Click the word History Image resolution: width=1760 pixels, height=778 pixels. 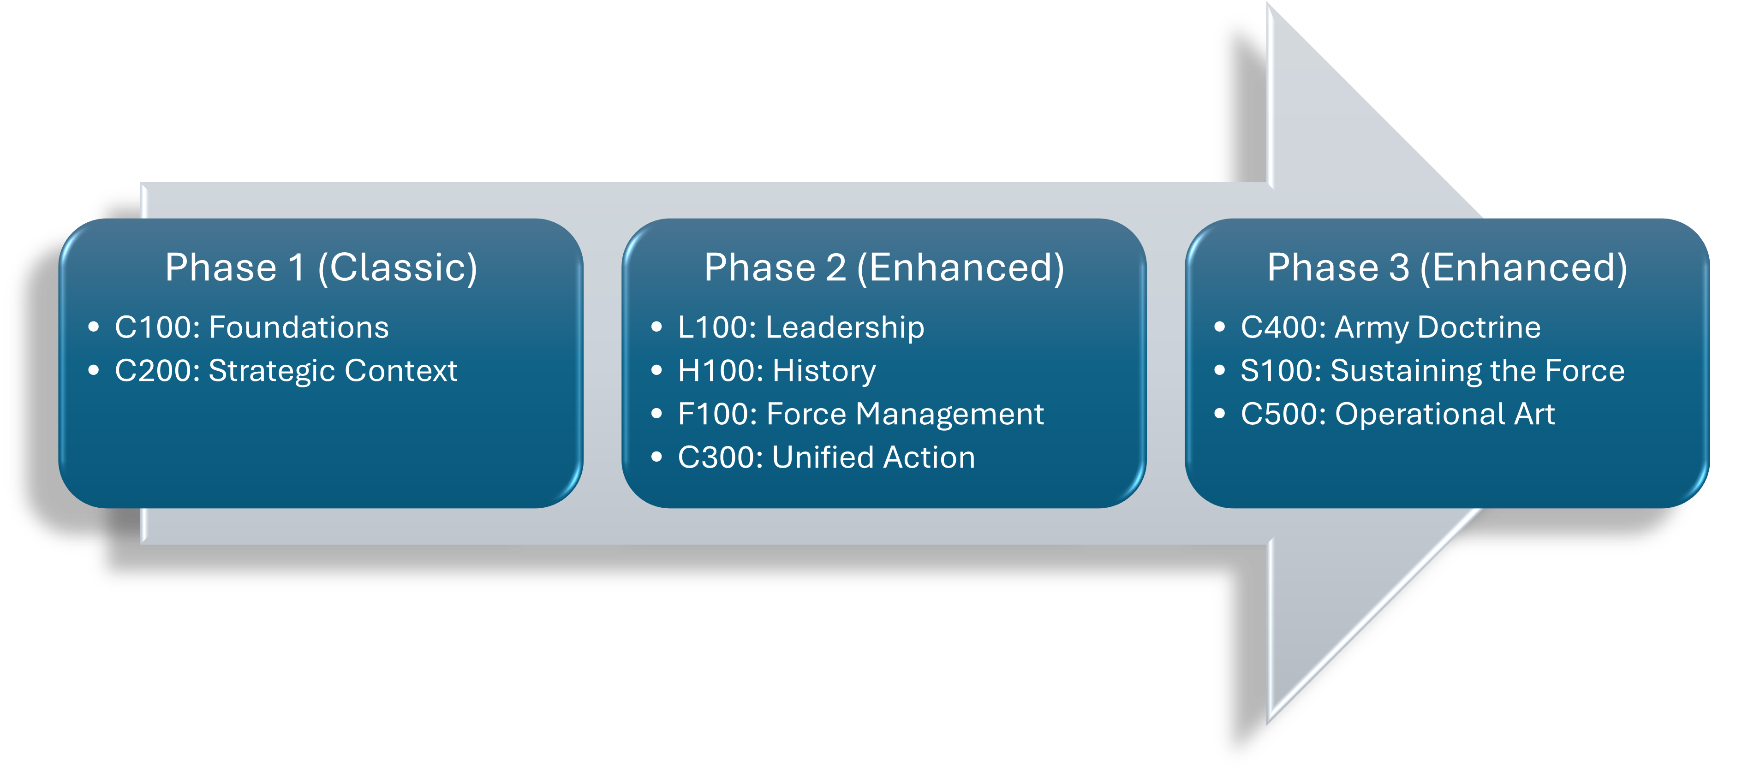tap(823, 371)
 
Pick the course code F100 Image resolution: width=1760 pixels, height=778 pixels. tap(717, 414)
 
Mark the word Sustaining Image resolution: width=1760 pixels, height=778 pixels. tap(1406, 371)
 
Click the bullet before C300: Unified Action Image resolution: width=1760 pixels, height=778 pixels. tap(656, 457)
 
